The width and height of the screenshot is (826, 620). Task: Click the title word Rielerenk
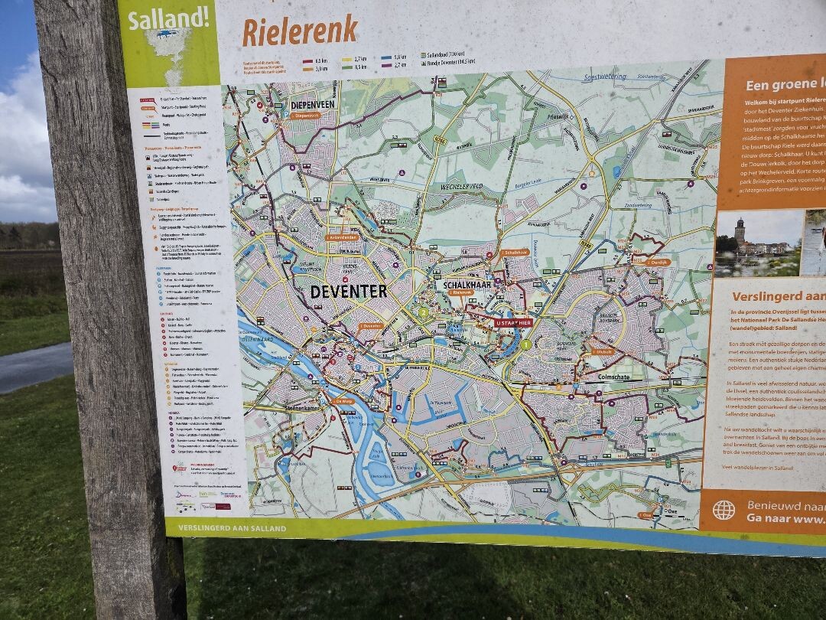click(x=300, y=31)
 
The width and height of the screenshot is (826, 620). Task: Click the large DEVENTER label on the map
click(x=348, y=292)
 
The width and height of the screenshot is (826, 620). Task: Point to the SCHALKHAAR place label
click(x=469, y=284)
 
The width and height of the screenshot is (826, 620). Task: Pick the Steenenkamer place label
click(x=285, y=409)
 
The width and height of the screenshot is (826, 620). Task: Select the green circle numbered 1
click(x=525, y=344)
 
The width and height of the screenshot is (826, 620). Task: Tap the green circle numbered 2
click(x=422, y=312)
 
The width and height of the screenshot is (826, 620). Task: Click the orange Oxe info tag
click(x=646, y=515)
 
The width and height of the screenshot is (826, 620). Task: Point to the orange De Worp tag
click(x=343, y=400)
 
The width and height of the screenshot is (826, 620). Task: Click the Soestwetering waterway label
click(x=604, y=77)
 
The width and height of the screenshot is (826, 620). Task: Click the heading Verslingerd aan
click(x=776, y=296)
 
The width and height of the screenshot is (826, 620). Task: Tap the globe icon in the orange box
click(x=723, y=510)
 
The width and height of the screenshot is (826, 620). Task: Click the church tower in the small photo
click(x=740, y=230)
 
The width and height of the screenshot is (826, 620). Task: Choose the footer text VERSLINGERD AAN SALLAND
click(x=232, y=528)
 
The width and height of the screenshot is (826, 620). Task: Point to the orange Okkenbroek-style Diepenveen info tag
click(x=304, y=116)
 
